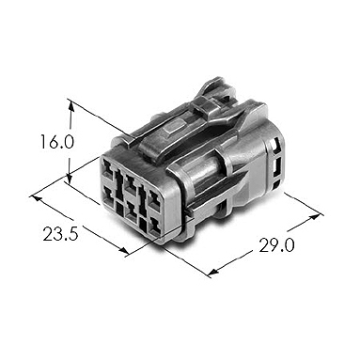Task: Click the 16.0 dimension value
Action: tap(57, 142)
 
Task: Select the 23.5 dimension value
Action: tap(60, 234)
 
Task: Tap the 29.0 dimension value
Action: tap(276, 245)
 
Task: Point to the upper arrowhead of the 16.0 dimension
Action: tap(71, 105)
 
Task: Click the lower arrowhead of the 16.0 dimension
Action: tap(70, 179)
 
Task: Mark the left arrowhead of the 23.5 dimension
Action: tap(37, 198)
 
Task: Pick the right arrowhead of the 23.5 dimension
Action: tap(123, 250)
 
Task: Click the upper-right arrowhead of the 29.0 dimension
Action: tap(317, 217)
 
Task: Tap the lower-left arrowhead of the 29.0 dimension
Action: tap(213, 272)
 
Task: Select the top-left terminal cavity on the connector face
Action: tap(107, 168)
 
